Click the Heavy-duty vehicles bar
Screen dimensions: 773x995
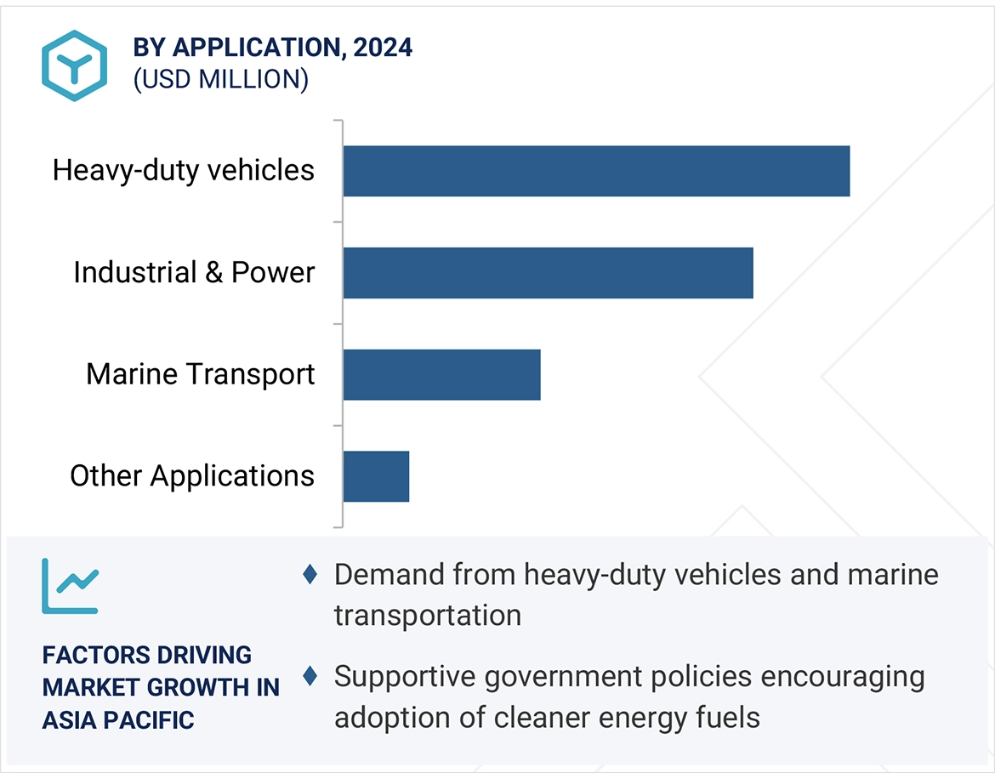point(596,171)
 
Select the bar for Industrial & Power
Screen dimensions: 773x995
point(548,273)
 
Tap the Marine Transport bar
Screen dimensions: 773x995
point(441,374)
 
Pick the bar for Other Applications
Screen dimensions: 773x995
point(376,476)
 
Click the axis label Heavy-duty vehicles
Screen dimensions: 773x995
point(184,170)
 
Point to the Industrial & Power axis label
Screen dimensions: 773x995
point(194,272)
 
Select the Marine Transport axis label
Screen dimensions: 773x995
point(201,374)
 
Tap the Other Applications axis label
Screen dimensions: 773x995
point(192,475)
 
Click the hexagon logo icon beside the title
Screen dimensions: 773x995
point(75,66)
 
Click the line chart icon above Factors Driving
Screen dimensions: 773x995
point(70,586)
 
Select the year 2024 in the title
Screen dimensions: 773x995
point(383,48)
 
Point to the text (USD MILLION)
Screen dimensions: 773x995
point(221,79)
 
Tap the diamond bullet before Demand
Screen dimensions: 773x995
point(310,575)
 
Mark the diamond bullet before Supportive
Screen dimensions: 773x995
point(310,677)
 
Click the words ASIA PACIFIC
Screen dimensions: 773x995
point(118,720)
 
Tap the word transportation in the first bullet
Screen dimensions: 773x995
point(428,615)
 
